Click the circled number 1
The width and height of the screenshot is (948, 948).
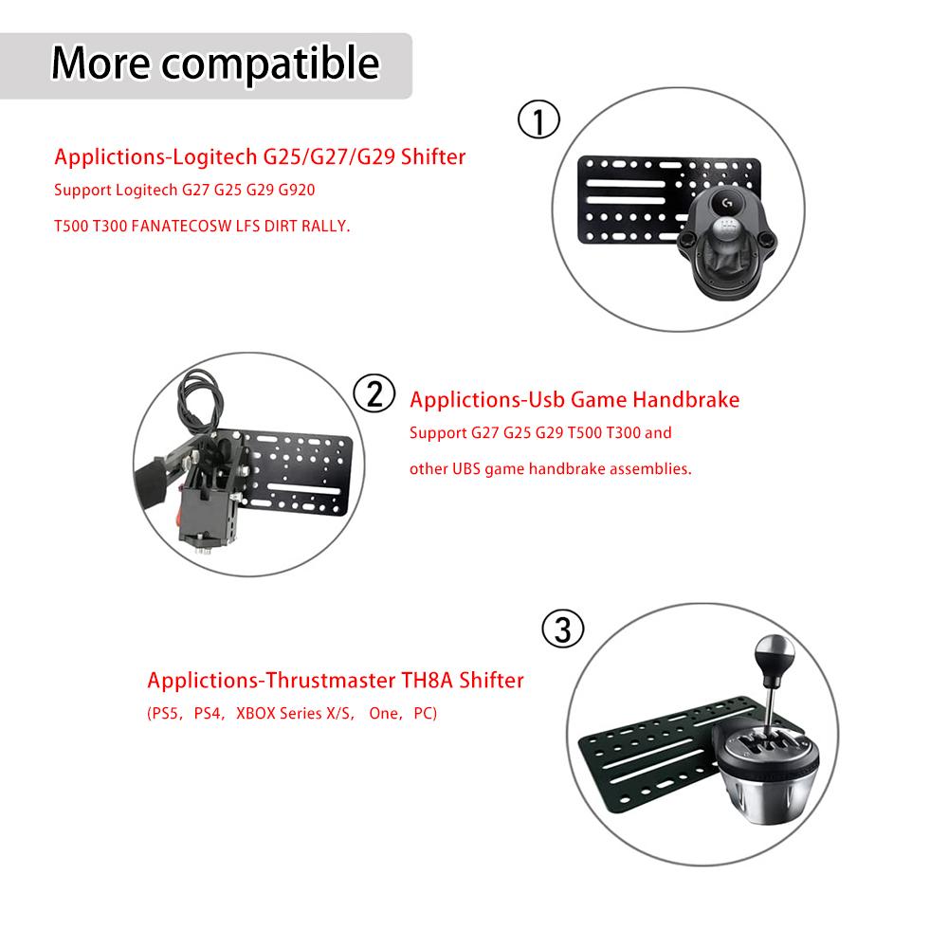538,121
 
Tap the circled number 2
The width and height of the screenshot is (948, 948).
374,393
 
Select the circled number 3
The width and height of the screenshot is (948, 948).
562,629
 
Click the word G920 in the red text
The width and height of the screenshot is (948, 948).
294,191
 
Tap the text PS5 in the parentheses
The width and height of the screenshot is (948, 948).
167,713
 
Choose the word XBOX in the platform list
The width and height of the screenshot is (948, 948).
257,713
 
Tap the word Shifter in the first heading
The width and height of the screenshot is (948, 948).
433,156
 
